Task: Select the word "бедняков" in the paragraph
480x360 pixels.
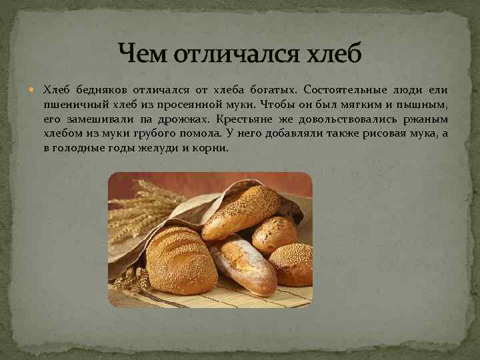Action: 99,89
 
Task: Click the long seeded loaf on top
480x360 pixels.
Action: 241,212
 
